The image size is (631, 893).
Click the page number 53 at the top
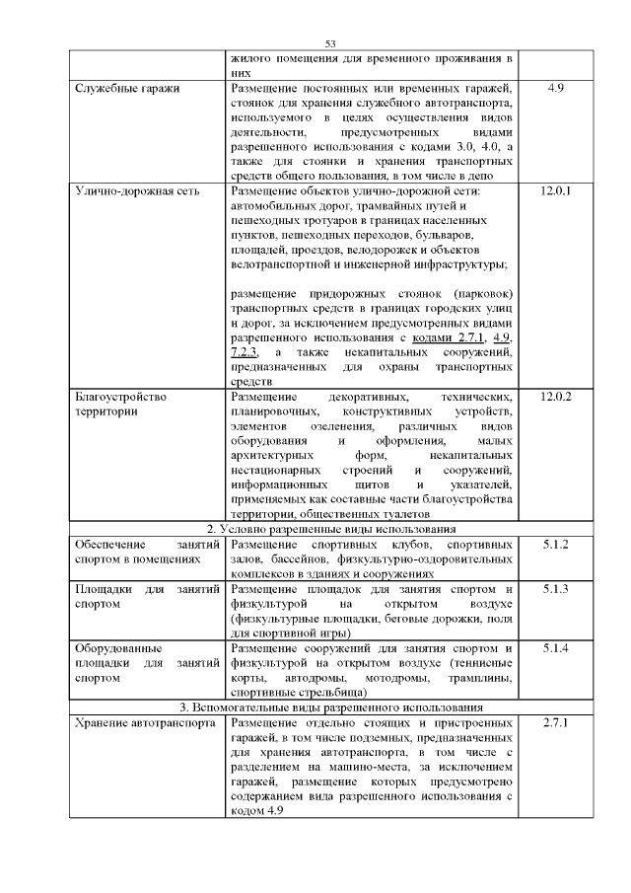330,42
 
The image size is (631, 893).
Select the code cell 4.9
554,89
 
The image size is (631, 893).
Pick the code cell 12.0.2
556,397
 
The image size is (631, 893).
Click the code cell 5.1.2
555,545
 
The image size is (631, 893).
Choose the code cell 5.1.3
555,589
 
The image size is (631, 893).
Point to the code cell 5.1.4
555,648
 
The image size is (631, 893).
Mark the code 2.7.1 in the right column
556,723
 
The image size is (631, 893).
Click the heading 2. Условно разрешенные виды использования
330,530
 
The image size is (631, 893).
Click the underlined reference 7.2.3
245,352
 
